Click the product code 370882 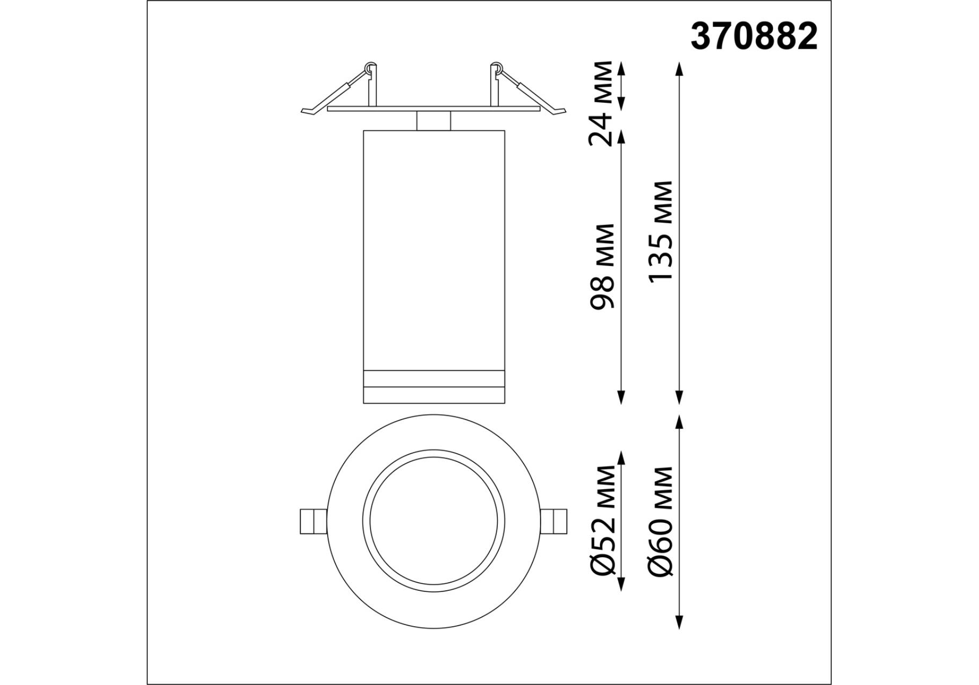pyautogui.click(x=754, y=37)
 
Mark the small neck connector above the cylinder pyautogui.click(x=434, y=121)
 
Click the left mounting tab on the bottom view pyautogui.click(x=313, y=521)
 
